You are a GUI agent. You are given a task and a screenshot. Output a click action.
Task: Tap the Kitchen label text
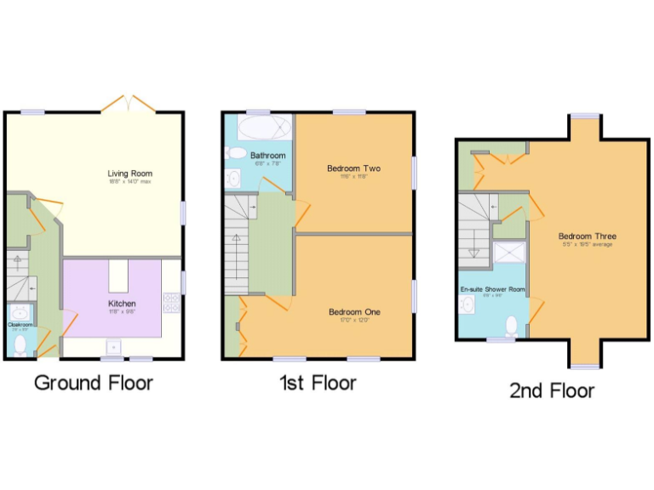click(x=121, y=303)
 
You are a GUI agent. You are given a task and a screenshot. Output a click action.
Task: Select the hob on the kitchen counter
click(x=170, y=302)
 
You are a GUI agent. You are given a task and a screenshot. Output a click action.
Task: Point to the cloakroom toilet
click(x=20, y=345)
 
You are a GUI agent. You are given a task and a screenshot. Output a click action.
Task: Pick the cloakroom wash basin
click(x=19, y=311)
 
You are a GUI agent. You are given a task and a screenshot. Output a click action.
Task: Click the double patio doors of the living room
click(x=128, y=104)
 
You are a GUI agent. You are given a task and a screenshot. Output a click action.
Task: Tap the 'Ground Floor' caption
click(x=94, y=383)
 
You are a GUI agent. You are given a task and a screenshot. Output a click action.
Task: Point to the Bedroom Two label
click(x=353, y=168)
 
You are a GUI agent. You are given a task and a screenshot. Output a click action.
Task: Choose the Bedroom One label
click(x=354, y=311)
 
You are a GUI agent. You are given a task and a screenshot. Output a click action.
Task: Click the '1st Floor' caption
click(x=318, y=383)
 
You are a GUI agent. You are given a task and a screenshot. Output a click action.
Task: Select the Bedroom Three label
click(x=587, y=236)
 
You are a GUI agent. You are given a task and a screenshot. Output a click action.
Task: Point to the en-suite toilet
click(x=511, y=327)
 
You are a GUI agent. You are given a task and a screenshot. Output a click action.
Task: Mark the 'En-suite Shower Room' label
click(x=492, y=289)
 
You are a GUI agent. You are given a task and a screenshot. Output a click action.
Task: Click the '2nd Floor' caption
click(x=552, y=390)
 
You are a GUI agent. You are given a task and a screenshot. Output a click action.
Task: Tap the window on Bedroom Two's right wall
click(x=415, y=172)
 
